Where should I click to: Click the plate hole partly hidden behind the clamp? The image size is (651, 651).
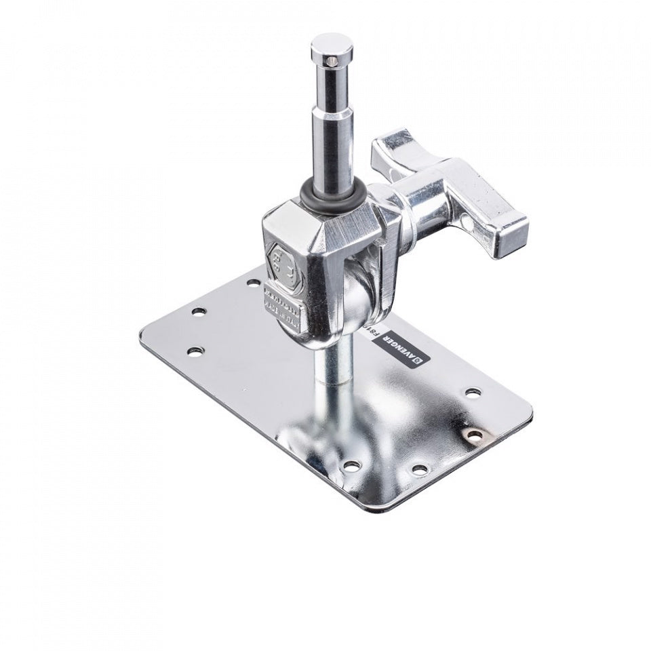point(252,280)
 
